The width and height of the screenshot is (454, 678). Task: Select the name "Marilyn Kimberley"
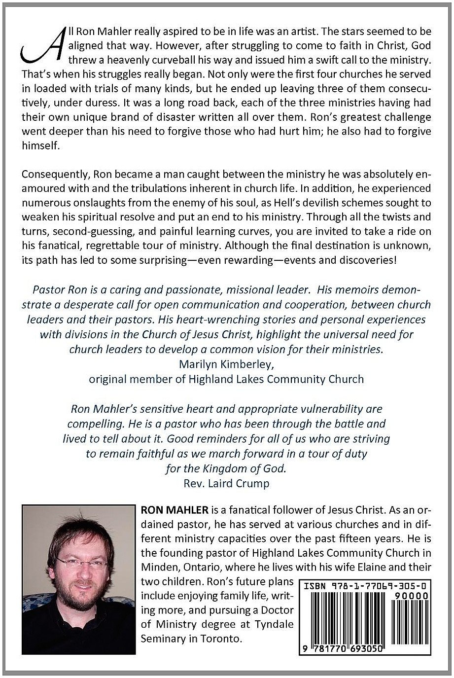click(x=226, y=364)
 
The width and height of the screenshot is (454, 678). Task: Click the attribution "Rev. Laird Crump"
click(x=226, y=483)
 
